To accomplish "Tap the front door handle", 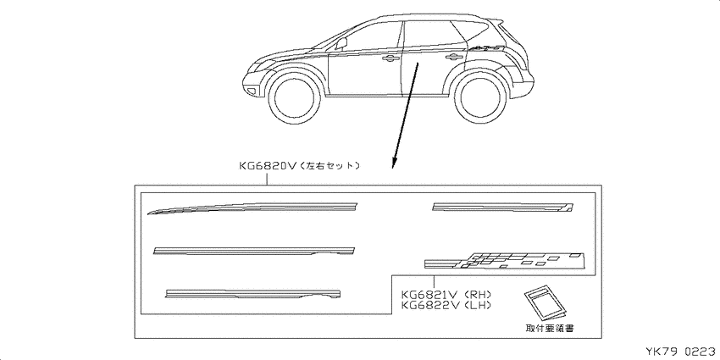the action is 390,58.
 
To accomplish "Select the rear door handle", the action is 454,57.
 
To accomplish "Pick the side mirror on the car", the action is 341,43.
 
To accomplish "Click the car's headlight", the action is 260,64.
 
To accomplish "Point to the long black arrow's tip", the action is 392,168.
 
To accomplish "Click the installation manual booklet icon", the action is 544,302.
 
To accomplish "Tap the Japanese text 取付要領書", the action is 549,329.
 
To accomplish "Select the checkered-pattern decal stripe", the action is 505,260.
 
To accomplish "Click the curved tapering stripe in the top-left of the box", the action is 252,208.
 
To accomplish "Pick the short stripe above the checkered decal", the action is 503,207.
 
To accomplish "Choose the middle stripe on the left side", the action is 254,250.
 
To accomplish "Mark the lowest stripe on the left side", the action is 252,294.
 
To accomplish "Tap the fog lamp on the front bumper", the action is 252,91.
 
